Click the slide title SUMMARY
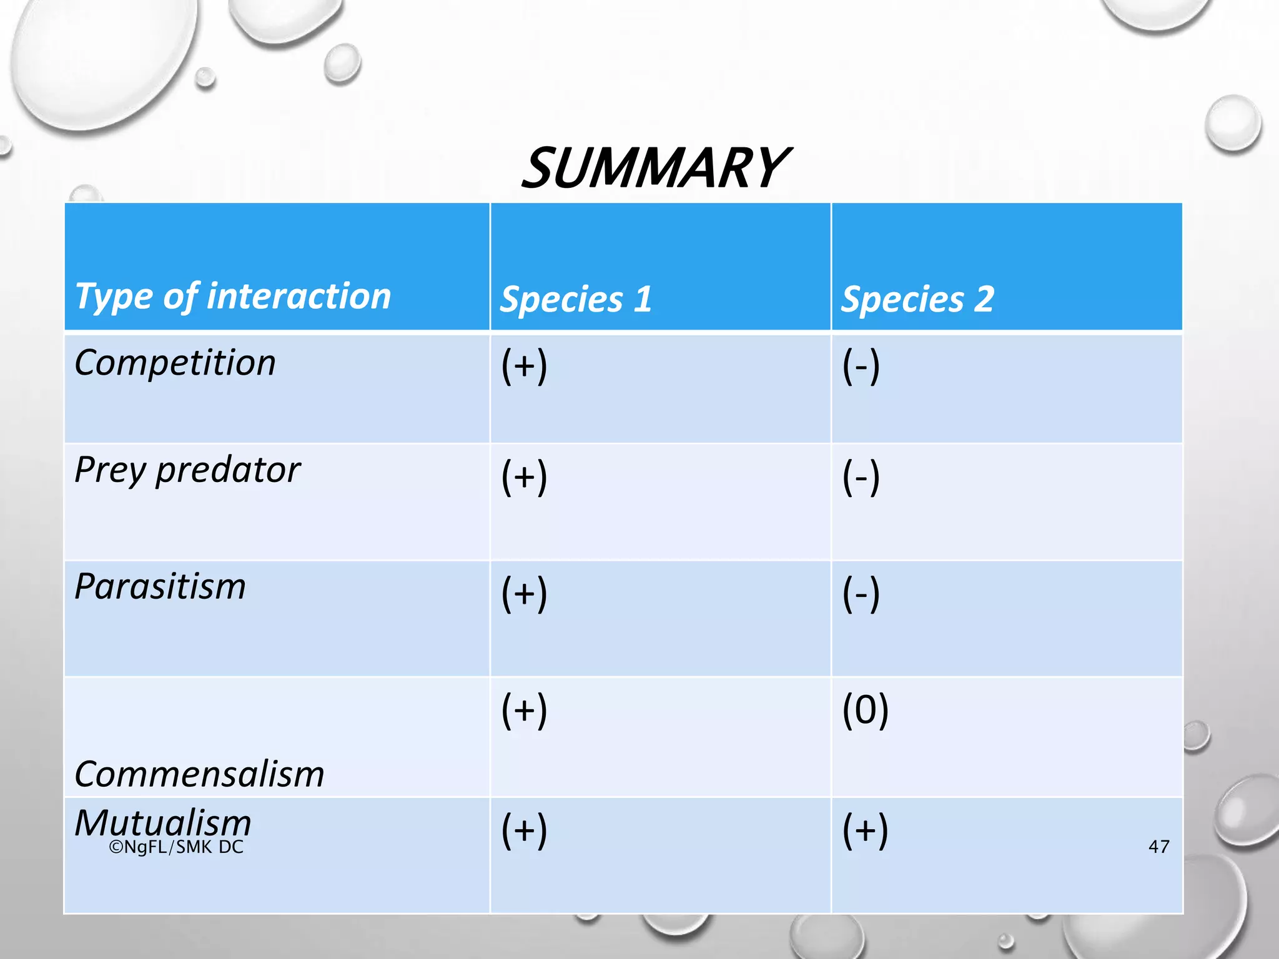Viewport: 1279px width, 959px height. [654, 168]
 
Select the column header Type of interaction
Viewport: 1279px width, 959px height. [233, 296]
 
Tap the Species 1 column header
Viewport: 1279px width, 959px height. [576, 299]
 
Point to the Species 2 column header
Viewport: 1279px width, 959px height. [917, 299]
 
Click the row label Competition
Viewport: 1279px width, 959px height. [175, 363]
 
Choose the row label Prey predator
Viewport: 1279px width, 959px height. [187, 470]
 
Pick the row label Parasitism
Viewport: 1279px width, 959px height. [160, 587]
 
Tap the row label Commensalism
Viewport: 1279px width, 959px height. [199, 774]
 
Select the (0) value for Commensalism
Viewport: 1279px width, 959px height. [865, 710]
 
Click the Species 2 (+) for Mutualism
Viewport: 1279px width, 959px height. [865, 830]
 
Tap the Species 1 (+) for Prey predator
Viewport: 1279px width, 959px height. [524, 476]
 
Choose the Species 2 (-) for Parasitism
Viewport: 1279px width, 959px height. [861, 593]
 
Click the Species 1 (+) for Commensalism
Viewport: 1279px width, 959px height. [524, 710]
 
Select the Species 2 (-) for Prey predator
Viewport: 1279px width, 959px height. [861, 476]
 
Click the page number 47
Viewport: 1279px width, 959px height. [1158, 847]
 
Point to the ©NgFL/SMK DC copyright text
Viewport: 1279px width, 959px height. [176, 847]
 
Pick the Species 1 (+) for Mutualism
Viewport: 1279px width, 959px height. [524, 830]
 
